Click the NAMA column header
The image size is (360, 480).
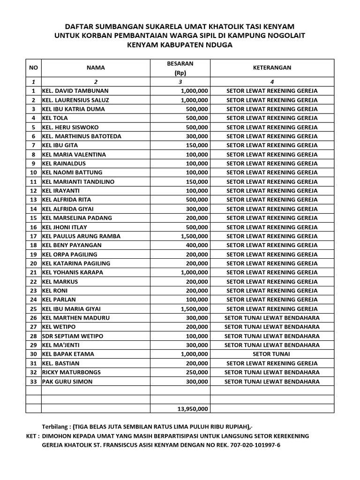point(96,67)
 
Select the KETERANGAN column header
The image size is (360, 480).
point(272,67)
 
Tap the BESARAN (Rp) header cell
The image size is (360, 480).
point(180,68)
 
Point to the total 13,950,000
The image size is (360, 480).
point(193,409)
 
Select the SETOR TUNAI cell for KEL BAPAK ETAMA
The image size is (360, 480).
point(272,354)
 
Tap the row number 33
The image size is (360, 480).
point(33,382)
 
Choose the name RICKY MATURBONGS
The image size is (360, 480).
point(71,373)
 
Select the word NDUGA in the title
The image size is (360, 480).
point(218,45)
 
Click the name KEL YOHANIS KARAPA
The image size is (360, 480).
point(73,272)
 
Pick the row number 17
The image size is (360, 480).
point(33,236)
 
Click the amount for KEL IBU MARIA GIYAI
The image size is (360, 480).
point(194,309)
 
